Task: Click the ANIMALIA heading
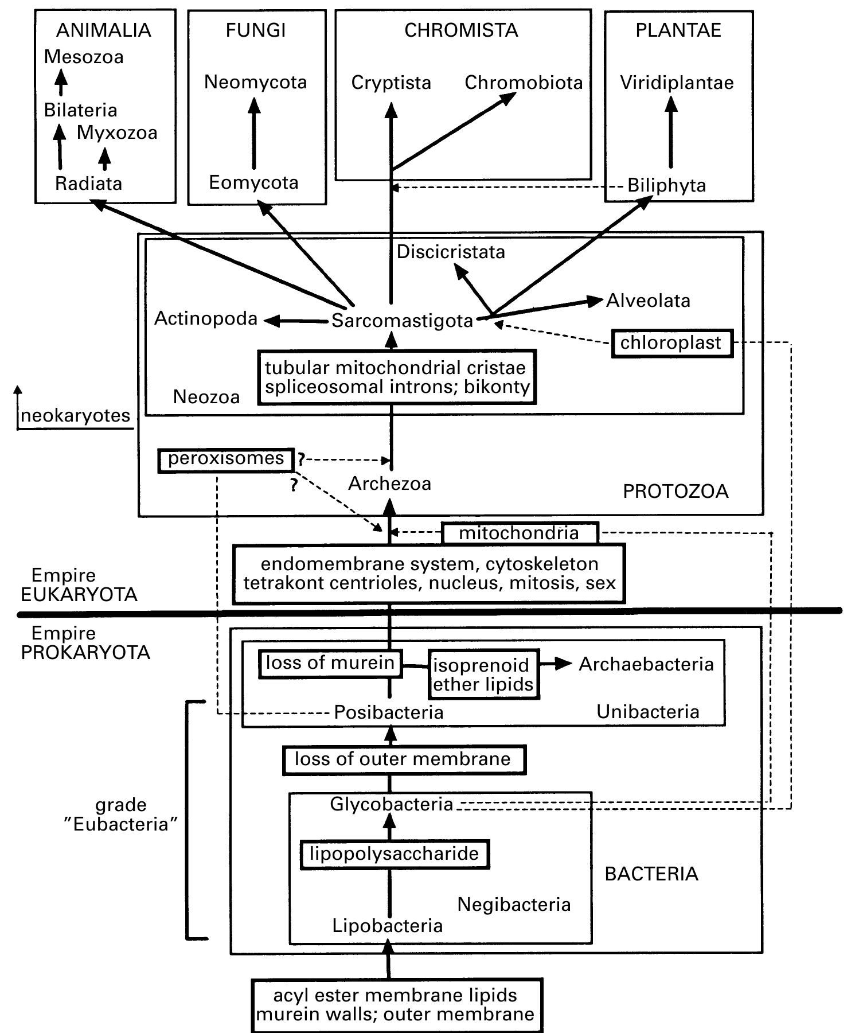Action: (104, 30)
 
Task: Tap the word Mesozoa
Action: (84, 57)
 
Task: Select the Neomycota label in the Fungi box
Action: (255, 82)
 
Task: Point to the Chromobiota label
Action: (523, 83)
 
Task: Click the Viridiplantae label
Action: (677, 83)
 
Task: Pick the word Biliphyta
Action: (666, 185)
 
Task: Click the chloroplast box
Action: (671, 343)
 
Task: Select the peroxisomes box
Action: (226, 459)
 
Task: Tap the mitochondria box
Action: (520, 533)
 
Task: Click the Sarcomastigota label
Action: (402, 321)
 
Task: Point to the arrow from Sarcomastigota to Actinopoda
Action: (295, 321)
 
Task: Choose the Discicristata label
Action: (451, 252)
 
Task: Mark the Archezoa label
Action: (389, 484)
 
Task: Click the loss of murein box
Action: (330, 664)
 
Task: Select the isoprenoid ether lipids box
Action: (483, 674)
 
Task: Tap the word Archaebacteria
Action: (646, 664)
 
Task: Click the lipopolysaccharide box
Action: (395, 854)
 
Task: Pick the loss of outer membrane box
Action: (403, 759)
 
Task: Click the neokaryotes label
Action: (76, 415)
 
